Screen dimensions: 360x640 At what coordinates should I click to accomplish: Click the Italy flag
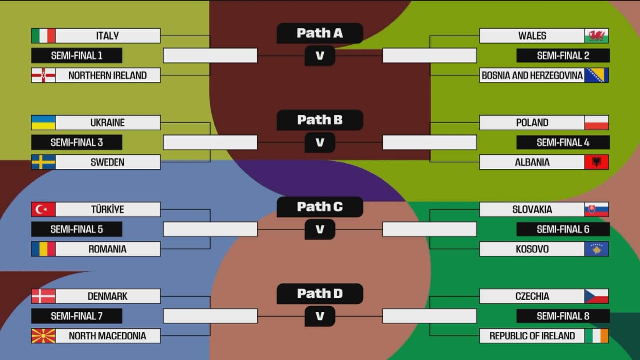[x=43, y=36]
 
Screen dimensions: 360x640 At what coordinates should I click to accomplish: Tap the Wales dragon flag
[x=596, y=36]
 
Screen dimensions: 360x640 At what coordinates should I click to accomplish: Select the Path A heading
[x=320, y=33]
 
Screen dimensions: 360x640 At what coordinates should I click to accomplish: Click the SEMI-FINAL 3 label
[x=76, y=142]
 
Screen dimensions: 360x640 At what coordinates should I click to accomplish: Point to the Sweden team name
[x=108, y=162]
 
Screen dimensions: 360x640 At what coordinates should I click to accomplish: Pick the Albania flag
[x=596, y=162]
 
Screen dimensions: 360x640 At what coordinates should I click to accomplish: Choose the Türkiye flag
[x=43, y=209]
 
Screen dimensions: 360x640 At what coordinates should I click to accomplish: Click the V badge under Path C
[x=320, y=229]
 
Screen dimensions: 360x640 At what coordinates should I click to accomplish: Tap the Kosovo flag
[x=596, y=249]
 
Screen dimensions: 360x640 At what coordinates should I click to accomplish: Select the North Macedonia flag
[x=43, y=336]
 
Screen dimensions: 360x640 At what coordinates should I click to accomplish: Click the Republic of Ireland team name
[x=532, y=336]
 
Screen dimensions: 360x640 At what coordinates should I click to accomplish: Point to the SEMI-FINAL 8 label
[x=563, y=316]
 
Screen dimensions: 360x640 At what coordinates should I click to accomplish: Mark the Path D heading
[x=320, y=294]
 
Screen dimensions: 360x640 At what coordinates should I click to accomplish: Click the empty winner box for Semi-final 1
[x=210, y=56]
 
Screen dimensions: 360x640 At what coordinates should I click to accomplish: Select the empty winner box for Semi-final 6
[x=430, y=229]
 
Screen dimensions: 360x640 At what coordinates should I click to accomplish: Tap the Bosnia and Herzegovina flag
[x=596, y=75]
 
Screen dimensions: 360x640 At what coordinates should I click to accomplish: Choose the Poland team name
[x=532, y=122]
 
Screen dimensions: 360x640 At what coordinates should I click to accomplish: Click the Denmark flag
[x=43, y=296]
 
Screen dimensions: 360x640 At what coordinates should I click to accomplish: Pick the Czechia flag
[x=596, y=296]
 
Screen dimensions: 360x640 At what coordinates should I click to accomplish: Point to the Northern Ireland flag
[x=43, y=75]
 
